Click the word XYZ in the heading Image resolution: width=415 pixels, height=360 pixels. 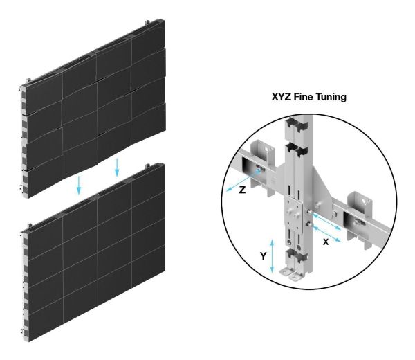tap(282, 97)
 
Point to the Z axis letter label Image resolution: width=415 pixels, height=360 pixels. tap(242, 190)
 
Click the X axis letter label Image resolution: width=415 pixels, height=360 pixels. tap(326, 242)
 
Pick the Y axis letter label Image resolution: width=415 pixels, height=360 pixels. tap(263, 256)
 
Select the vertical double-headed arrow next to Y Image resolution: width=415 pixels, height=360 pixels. tap(272, 256)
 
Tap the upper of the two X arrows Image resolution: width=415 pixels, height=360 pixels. tap(327, 222)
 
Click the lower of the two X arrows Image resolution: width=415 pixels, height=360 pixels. tap(327, 233)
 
